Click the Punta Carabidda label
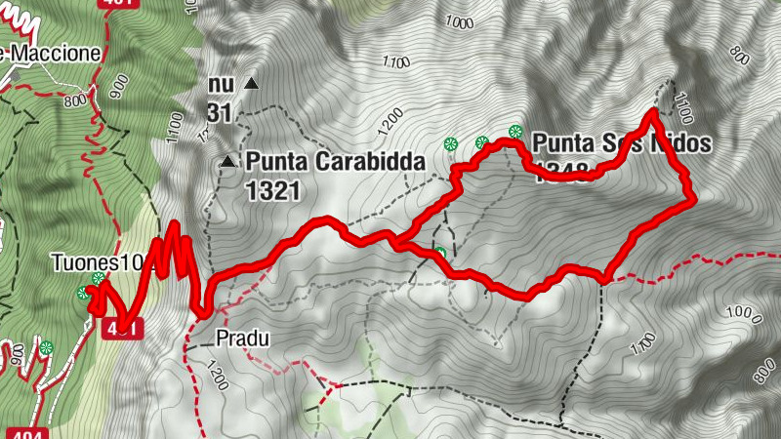[337, 160]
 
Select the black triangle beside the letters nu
[252, 85]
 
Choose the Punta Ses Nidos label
[618, 143]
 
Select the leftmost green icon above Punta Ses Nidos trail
[450, 143]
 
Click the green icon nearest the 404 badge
[46, 347]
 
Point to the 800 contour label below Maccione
[74, 100]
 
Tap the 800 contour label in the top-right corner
[738, 57]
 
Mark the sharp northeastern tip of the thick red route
[652, 113]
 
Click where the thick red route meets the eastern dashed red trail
[603, 279]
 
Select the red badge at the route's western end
[121, 328]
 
